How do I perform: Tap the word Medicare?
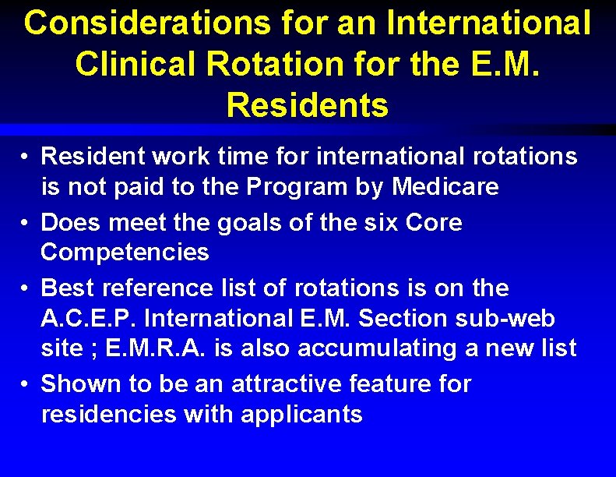445,188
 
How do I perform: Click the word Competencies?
125,253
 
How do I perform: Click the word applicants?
301,415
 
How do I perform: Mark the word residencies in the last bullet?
109,415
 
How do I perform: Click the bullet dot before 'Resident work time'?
26,157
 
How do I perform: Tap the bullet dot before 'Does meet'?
26,224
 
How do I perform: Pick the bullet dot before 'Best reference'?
26,289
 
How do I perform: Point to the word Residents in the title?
307,105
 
